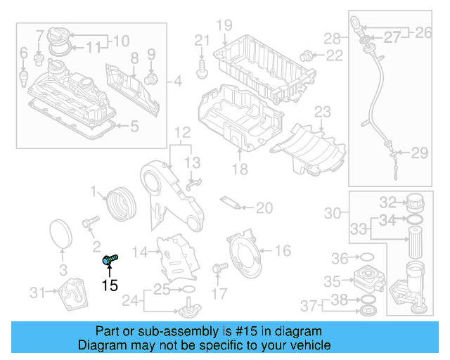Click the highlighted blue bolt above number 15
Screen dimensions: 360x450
[110, 260]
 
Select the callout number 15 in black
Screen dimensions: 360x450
[110, 285]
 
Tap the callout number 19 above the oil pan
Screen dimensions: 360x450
[224, 26]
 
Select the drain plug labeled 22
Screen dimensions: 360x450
[305, 54]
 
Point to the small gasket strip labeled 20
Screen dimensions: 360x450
[232, 203]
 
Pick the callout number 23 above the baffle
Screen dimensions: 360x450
[322, 111]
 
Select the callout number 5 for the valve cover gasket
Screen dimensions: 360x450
[135, 127]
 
